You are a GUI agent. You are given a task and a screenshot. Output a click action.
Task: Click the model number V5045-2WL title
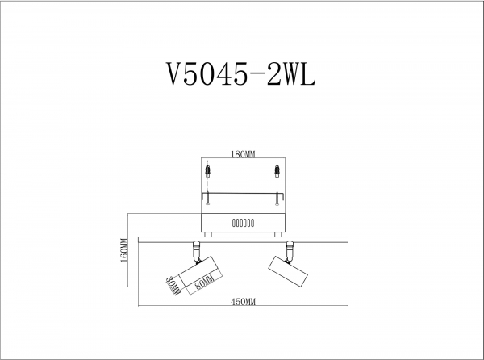240,74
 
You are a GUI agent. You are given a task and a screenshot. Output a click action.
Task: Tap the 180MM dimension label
244,154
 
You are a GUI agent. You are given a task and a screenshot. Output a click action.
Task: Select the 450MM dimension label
244,302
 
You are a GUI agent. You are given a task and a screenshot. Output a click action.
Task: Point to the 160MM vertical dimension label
124,250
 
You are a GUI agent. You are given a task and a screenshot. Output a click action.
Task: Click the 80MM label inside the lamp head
205,283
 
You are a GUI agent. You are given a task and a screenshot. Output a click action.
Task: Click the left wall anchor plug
208,171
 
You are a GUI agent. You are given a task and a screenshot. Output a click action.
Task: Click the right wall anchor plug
277,171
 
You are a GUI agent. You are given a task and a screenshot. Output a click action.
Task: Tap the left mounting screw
208,198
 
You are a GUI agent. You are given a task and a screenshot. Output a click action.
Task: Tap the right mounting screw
277,198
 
